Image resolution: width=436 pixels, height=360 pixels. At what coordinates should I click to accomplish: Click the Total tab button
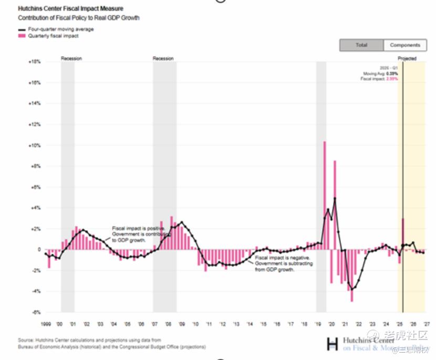(x=361, y=45)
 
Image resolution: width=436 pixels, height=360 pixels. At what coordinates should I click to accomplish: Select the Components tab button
(x=405, y=45)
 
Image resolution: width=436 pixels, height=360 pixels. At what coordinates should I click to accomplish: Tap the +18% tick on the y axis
(x=35, y=62)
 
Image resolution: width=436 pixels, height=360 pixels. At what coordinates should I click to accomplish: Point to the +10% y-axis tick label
(x=35, y=145)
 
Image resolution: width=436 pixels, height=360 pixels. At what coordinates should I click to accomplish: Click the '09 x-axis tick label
(x=181, y=324)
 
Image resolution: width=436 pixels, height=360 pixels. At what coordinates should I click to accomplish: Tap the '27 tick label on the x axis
(x=427, y=324)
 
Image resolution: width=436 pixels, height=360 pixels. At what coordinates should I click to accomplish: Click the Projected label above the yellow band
(x=407, y=58)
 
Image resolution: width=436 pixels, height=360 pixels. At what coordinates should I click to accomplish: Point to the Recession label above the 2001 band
(x=71, y=58)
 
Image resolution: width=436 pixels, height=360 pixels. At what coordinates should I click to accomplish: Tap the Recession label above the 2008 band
(x=163, y=58)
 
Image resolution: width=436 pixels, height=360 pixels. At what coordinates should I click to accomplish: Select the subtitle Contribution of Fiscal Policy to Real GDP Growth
(x=78, y=18)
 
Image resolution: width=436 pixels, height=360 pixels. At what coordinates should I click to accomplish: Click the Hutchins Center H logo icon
(x=332, y=344)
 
